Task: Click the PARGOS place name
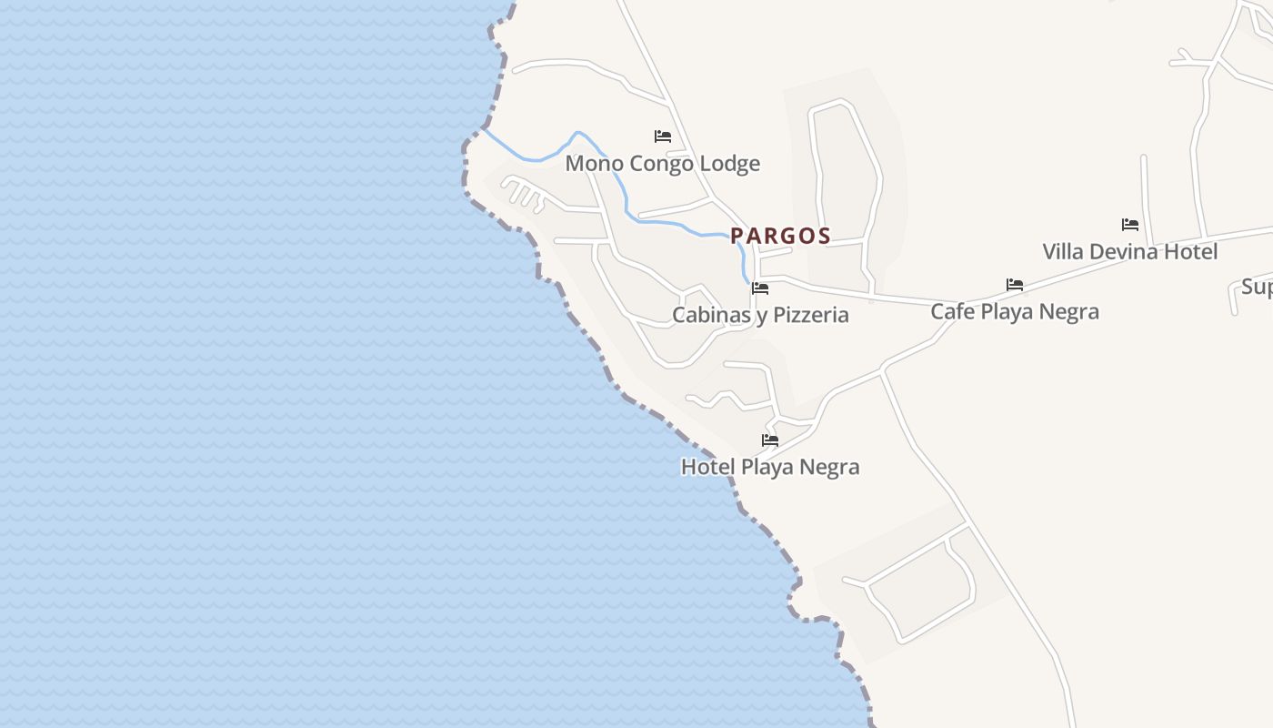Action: coord(780,236)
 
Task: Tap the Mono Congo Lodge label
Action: coord(662,164)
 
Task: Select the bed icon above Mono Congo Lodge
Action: coord(663,136)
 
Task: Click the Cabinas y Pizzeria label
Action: coord(760,315)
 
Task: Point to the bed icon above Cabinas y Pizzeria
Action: coord(760,288)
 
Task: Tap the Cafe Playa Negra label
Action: coord(1014,311)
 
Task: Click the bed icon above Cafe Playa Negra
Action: coord(1015,285)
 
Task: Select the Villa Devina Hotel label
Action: coord(1129,251)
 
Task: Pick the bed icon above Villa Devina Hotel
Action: coord(1130,224)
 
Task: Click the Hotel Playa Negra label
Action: coord(769,467)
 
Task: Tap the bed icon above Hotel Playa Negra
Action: coord(770,440)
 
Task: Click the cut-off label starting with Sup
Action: coord(1258,288)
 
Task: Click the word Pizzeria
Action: coord(805,315)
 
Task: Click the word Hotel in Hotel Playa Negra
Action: coord(707,467)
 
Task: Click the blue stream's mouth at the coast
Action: coord(483,129)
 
